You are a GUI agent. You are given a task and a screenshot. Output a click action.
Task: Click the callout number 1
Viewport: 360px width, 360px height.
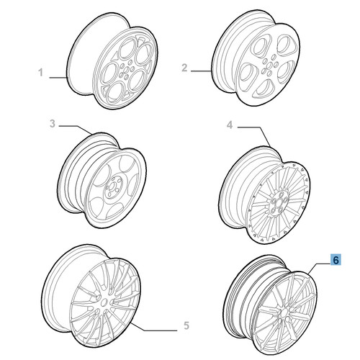click(x=41, y=73)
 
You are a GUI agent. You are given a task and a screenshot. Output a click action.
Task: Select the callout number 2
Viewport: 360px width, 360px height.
click(x=184, y=68)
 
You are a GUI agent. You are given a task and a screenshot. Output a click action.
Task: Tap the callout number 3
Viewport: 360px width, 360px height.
click(x=53, y=124)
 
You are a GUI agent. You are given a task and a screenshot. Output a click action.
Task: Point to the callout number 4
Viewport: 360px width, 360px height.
click(x=230, y=125)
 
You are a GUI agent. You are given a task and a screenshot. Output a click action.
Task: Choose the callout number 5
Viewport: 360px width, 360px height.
click(x=186, y=325)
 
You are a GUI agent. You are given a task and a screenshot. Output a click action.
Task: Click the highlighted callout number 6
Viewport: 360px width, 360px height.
click(x=336, y=260)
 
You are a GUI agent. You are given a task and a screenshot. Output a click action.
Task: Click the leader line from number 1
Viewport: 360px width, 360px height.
click(x=58, y=78)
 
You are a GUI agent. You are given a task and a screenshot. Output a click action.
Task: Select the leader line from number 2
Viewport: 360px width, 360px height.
click(x=201, y=71)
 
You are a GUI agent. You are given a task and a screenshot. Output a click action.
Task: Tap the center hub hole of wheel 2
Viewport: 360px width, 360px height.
click(x=269, y=65)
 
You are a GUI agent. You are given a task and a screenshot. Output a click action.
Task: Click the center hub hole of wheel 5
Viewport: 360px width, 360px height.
click(x=104, y=302)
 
